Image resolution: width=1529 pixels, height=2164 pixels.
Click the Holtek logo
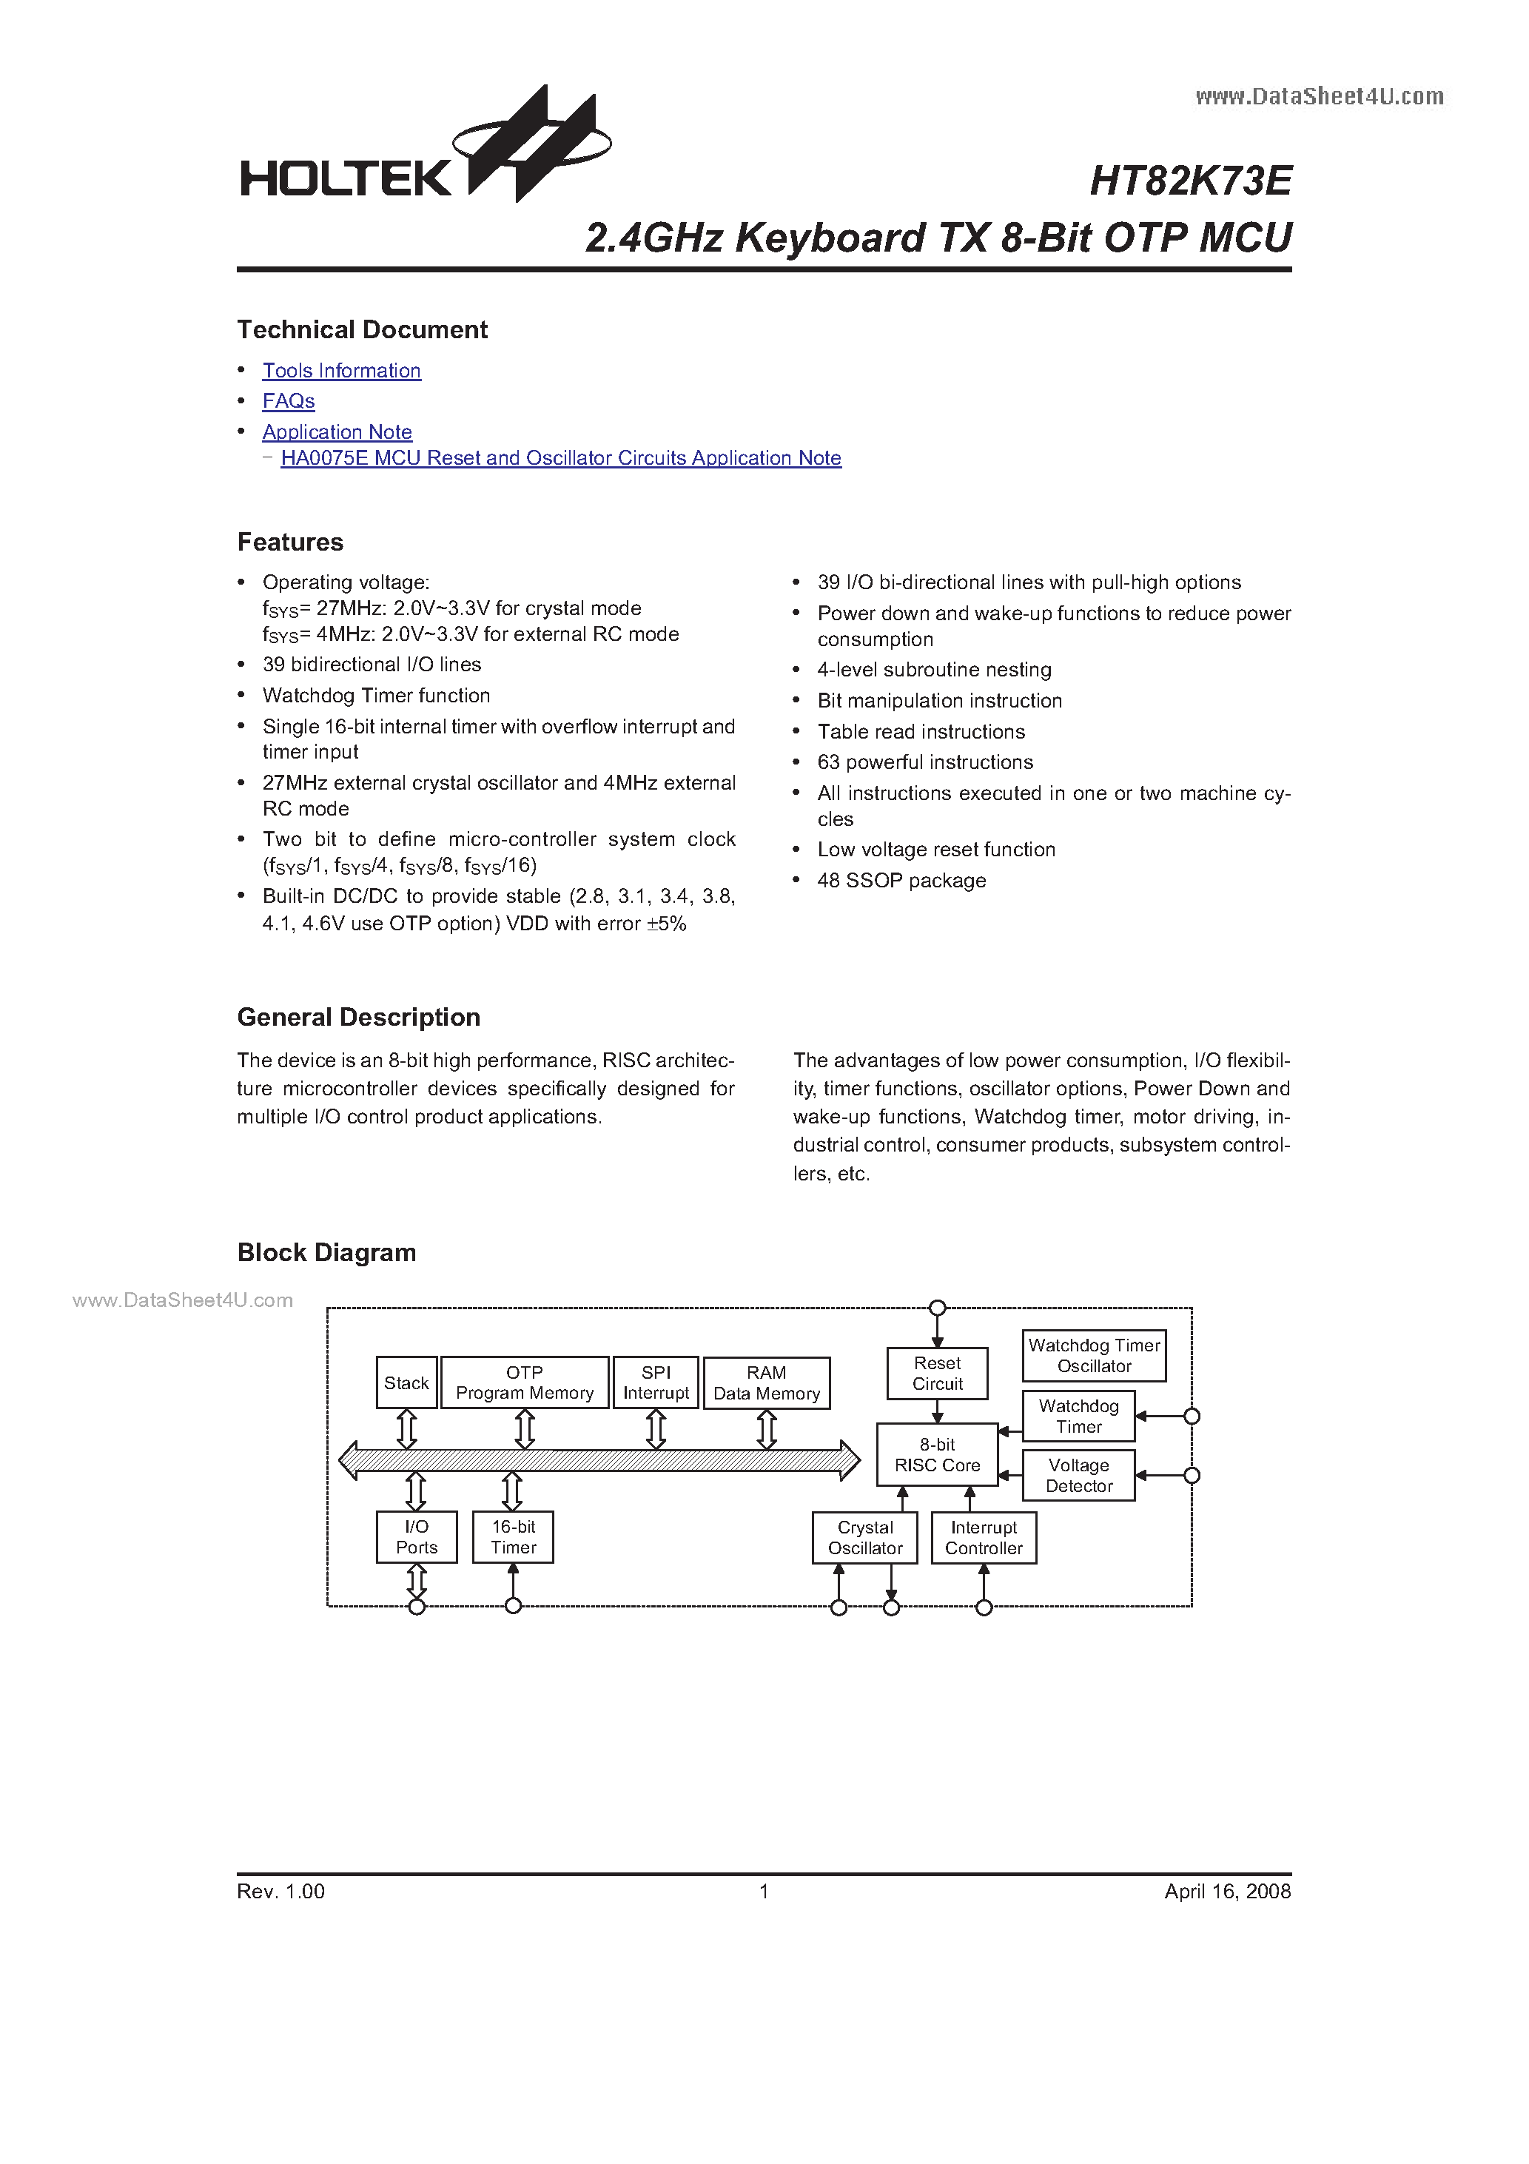[424, 155]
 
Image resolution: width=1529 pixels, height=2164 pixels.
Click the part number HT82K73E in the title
[1189, 180]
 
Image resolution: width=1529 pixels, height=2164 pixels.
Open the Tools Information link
[341, 370]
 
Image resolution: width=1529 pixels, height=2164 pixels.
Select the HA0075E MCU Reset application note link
[561, 458]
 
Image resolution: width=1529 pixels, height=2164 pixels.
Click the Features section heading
[290, 542]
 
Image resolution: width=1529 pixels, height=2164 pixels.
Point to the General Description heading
[358, 1017]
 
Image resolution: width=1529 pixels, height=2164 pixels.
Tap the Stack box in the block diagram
[406, 1382]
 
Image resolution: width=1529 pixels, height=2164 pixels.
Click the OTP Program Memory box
[525, 1382]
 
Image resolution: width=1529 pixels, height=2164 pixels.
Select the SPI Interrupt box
[656, 1382]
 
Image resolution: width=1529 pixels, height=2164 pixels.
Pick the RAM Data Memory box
[767, 1382]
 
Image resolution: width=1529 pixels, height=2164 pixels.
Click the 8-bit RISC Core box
[937, 1454]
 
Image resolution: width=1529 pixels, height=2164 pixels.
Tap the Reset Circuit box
[937, 1374]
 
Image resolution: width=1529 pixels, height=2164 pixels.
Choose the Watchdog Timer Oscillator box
[1094, 1355]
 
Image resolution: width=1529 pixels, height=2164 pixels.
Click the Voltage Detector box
[1078, 1475]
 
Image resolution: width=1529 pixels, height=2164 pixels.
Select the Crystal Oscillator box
[864, 1537]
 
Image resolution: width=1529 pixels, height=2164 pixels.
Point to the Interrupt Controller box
[984, 1537]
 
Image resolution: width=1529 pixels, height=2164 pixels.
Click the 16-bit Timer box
[513, 1536]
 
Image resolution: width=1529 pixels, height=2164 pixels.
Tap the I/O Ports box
[417, 1536]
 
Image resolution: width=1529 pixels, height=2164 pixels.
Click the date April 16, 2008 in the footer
[1226, 1891]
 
